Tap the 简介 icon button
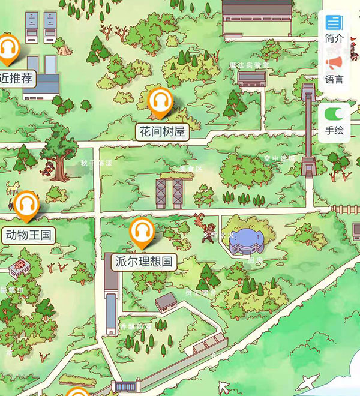(334, 23)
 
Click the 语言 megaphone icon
(334, 63)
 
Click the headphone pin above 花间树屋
(160, 101)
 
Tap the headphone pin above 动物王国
(26, 206)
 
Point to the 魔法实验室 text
(249, 65)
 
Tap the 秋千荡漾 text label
(97, 163)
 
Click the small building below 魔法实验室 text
(251, 78)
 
